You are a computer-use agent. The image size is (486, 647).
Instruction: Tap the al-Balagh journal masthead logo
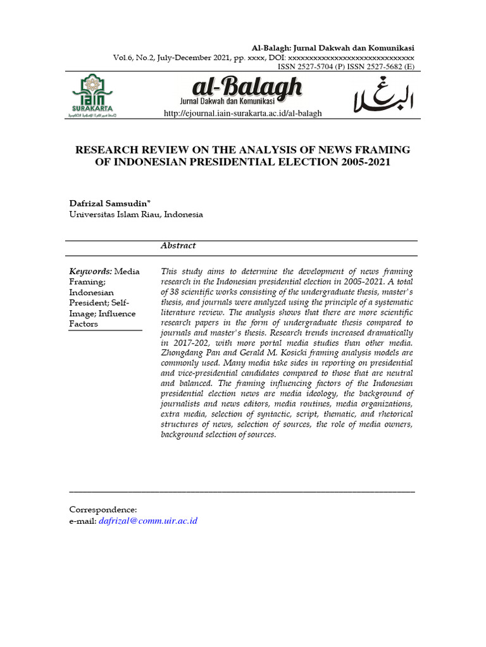pos(242,92)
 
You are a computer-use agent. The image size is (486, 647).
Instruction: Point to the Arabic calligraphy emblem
pos(382,97)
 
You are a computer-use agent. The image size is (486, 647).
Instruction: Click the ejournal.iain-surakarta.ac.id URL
pos(242,113)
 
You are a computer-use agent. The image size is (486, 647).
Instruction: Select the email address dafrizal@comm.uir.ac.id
pos(148,521)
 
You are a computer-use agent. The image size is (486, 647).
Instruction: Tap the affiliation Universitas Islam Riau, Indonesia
pos(135,214)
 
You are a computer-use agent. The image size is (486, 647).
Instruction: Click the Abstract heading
pos(178,246)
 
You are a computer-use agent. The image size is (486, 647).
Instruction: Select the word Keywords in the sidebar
pos(90,271)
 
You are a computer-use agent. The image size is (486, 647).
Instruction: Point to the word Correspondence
pos(102,509)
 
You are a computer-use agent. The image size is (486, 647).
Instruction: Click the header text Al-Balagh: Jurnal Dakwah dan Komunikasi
pos(333,48)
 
